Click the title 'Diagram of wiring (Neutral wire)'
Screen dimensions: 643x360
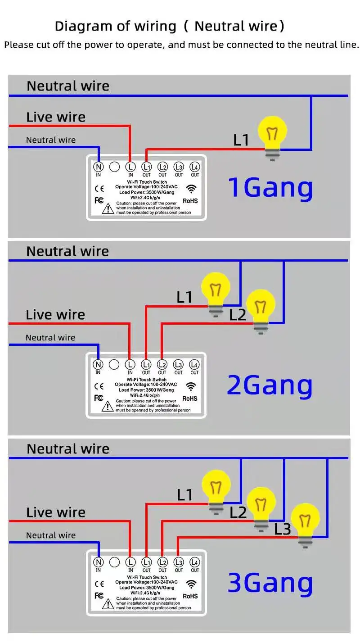click(170, 26)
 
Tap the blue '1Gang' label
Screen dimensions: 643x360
click(270, 188)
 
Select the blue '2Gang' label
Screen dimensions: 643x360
click(270, 385)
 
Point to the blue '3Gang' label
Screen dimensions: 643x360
click(270, 583)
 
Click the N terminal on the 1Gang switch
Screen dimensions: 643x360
click(99, 167)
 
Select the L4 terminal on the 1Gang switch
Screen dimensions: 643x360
click(194, 167)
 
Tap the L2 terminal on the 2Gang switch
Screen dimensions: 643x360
click(162, 365)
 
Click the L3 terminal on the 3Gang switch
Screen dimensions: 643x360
click(179, 562)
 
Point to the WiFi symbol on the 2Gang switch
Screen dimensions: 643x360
click(192, 387)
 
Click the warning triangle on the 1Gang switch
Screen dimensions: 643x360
click(108, 209)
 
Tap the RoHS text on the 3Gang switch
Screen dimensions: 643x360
click(190, 596)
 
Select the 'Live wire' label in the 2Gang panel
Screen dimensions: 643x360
click(55, 315)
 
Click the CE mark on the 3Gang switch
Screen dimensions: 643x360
click(99, 584)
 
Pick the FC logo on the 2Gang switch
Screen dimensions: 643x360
click(99, 398)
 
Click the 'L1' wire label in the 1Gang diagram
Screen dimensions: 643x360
click(241, 140)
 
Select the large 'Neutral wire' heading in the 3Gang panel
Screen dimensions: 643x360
click(68, 449)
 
